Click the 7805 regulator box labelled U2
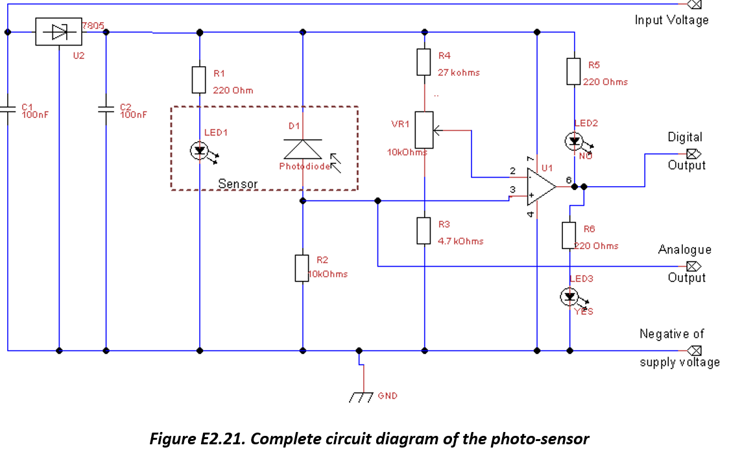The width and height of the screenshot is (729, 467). [x=58, y=31]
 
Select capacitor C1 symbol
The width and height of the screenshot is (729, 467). [x=8, y=110]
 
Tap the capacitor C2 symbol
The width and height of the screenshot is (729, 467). [x=106, y=110]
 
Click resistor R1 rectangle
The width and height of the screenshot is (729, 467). [x=199, y=79]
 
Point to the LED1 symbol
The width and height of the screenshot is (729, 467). [x=199, y=151]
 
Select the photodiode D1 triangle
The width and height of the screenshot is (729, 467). [x=302, y=149]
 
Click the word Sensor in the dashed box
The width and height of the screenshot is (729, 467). [x=237, y=184]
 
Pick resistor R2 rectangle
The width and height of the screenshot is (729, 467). [x=302, y=268]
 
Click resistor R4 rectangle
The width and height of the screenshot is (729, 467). [x=424, y=62]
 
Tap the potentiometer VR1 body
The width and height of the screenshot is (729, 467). [x=424, y=130]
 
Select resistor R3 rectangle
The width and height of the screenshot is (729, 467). [x=424, y=231]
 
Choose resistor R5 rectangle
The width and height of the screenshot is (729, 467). [x=573, y=71]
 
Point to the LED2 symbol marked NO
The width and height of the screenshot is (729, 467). [x=573, y=141]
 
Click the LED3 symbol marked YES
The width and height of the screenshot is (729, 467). [x=569, y=296]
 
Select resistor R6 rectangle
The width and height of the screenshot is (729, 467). [x=569, y=235]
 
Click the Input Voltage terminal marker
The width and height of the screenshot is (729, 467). [x=693, y=4]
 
